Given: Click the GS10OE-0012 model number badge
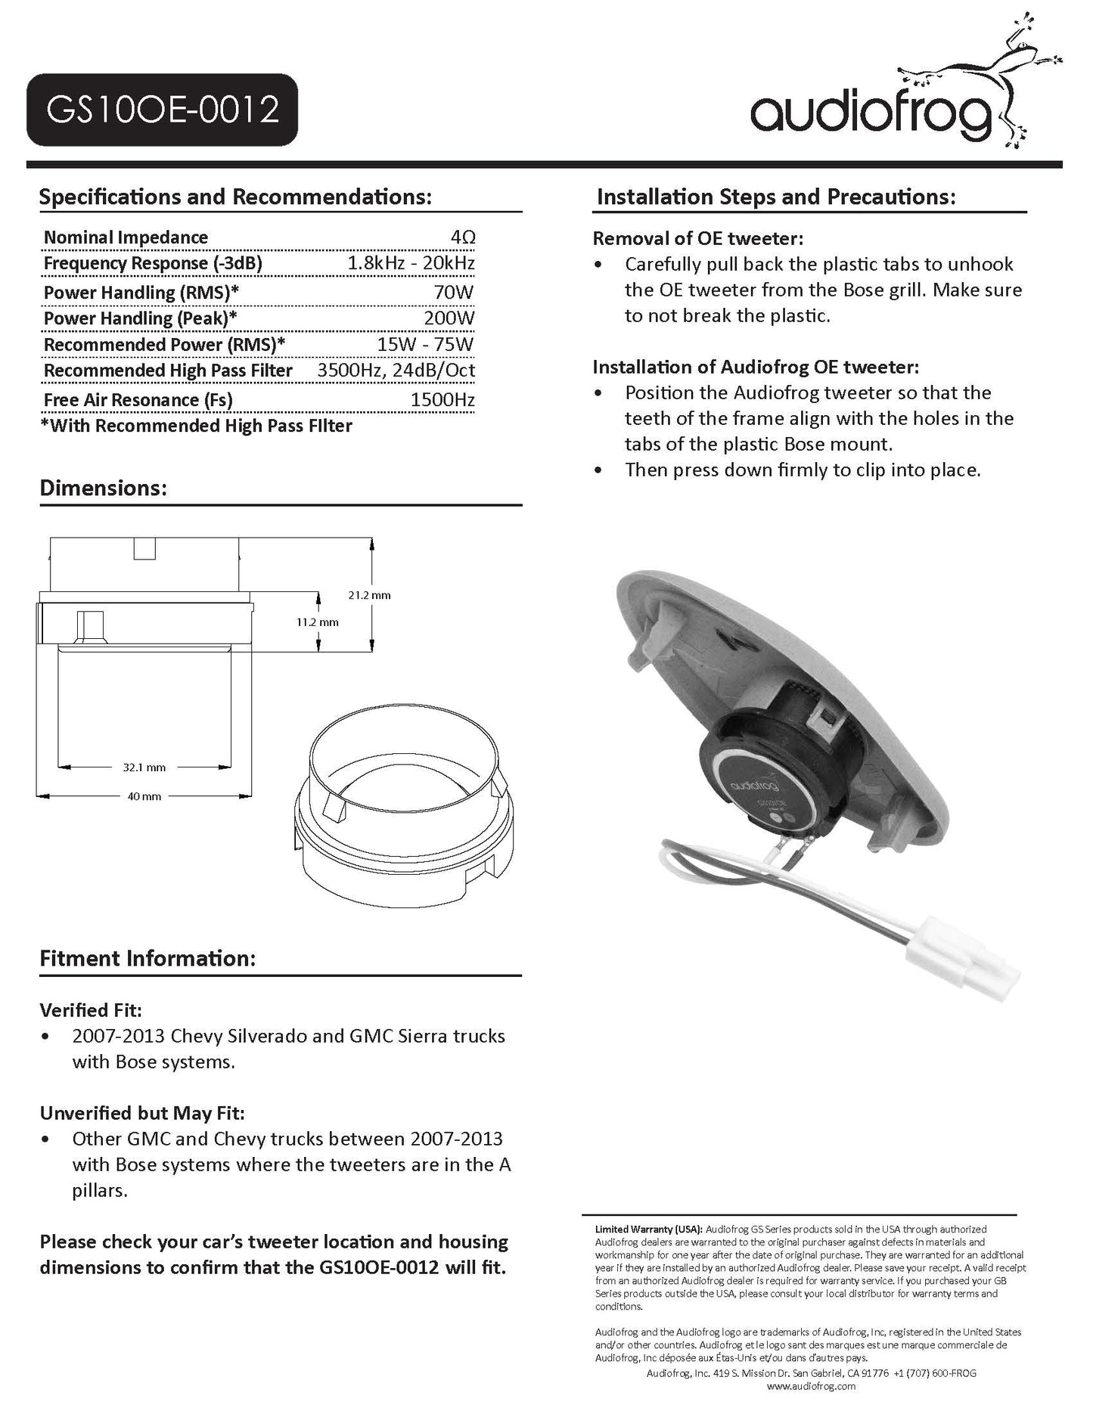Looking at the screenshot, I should [x=162, y=110].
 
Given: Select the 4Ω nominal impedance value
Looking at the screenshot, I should [x=463, y=237].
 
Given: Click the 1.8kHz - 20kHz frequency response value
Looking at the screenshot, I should [x=411, y=263].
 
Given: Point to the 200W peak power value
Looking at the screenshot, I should [x=449, y=318].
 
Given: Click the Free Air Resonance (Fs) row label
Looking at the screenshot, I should [x=138, y=400].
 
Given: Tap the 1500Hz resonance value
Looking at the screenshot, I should [x=442, y=400].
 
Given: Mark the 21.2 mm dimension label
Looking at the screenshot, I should [x=369, y=595].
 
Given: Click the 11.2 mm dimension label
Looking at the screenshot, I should [x=317, y=622].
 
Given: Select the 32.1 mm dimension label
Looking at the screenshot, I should [x=144, y=767].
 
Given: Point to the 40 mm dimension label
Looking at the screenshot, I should [x=144, y=796].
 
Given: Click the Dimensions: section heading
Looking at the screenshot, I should [x=103, y=488].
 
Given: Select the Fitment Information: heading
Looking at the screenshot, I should [x=147, y=959].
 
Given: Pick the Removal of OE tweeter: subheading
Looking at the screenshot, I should [x=697, y=239].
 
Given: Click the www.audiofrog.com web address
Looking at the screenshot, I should [x=810, y=1386].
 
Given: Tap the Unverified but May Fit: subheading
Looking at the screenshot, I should [x=142, y=1113].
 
